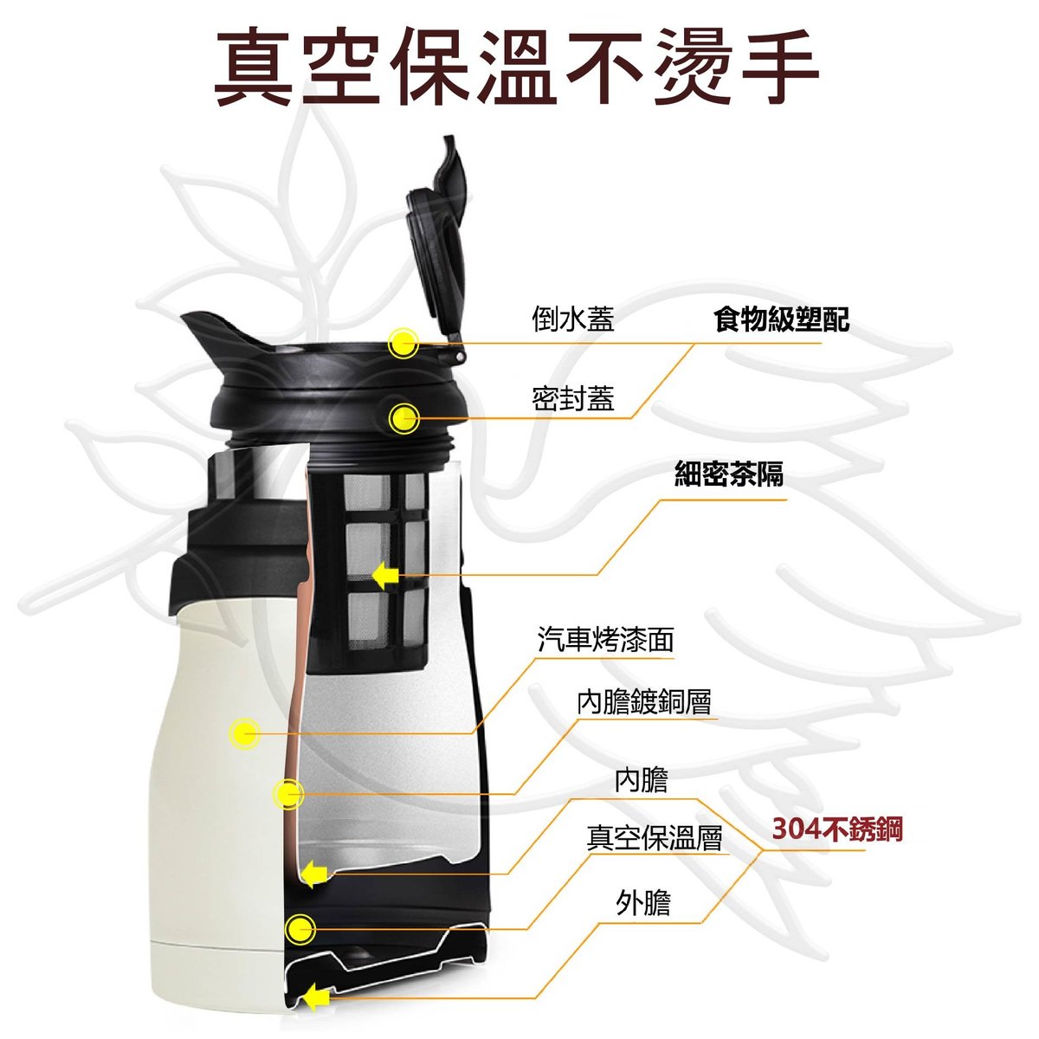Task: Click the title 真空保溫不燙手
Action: tap(517, 68)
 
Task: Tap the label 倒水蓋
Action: tap(573, 319)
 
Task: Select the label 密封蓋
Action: tap(573, 399)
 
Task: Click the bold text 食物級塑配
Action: tap(781, 319)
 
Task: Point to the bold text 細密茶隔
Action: tap(729, 474)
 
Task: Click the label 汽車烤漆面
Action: tap(606, 640)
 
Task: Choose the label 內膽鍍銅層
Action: tap(644, 701)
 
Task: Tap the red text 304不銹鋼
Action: tap(836, 829)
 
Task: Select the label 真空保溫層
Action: tap(654, 838)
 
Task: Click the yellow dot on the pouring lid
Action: tap(403, 342)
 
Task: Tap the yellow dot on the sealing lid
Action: tap(403, 418)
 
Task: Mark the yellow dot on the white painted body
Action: tap(245, 733)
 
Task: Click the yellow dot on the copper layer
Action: tap(288, 794)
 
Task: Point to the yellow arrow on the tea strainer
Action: tap(385, 576)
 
